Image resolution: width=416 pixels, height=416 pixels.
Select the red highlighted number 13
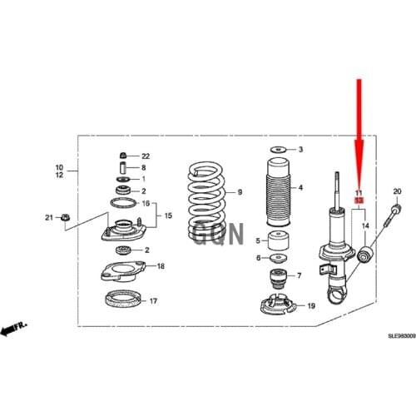(x=359, y=201)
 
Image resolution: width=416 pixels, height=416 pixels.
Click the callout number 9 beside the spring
(x=239, y=192)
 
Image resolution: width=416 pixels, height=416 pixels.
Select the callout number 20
(x=397, y=192)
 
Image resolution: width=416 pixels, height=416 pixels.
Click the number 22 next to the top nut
(x=146, y=156)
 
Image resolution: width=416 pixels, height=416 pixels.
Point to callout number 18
(x=161, y=266)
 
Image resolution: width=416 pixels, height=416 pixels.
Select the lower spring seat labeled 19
(x=279, y=308)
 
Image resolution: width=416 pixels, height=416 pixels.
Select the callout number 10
(x=59, y=166)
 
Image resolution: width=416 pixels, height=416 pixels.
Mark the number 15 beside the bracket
(x=168, y=215)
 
